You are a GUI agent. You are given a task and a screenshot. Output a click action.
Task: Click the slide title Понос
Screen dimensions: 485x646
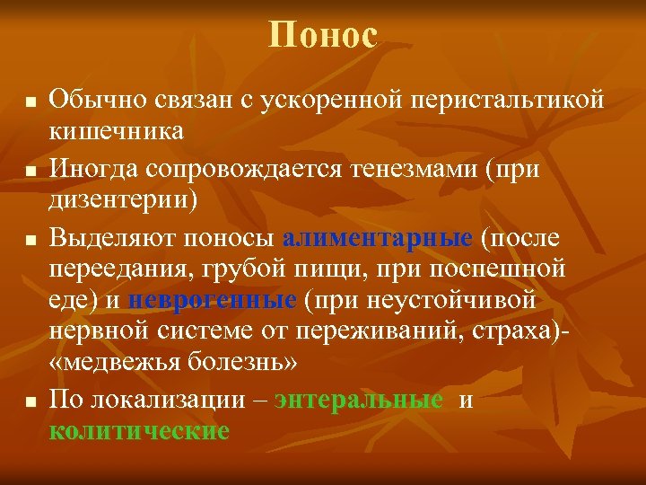[x=323, y=36]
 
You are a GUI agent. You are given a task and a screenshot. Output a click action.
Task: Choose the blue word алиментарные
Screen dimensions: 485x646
[x=377, y=238]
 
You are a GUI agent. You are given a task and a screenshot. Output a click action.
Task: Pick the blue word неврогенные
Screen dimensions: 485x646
[x=213, y=299]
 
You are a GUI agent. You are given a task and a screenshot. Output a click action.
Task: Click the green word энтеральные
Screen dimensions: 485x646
[x=359, y=400]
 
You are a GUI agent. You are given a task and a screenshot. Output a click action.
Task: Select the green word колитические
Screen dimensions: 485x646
[x=139, y=430]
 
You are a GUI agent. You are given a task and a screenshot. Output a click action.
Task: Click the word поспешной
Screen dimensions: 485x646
[x=502, y=269]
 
